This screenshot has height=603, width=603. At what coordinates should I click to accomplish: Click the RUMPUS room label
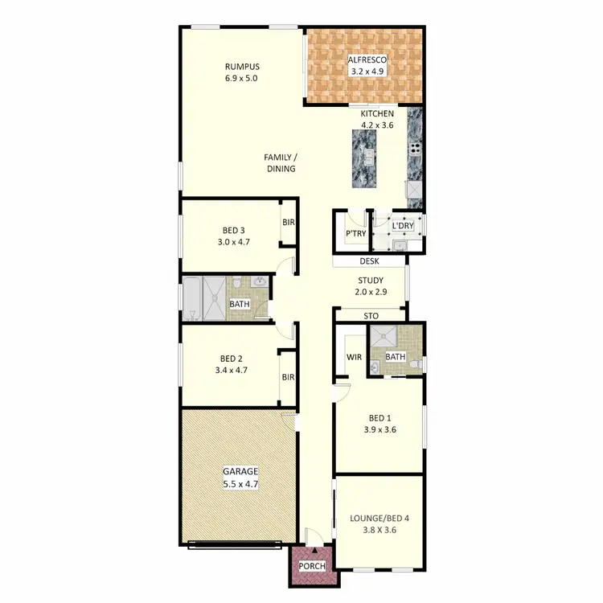point(241,67)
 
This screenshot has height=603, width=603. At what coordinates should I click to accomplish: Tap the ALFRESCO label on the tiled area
point(367,59)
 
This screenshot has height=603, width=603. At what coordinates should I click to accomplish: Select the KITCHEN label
point(377,114)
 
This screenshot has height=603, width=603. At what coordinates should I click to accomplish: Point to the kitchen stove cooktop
point(416,147)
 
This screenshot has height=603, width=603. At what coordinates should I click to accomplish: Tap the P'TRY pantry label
point(355,234)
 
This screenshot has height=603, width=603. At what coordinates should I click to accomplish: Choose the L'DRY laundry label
point(402,227)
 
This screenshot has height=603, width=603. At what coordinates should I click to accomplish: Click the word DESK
point(369,261)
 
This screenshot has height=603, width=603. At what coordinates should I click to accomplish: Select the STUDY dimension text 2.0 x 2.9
point(371,293)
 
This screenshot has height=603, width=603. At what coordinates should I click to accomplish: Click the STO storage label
point(371,316)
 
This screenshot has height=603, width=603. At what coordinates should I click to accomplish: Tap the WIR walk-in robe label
point(353,356)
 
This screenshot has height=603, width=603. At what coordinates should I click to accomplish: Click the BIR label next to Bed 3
point(288,223)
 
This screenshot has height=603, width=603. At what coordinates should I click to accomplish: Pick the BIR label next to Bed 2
point(288,376)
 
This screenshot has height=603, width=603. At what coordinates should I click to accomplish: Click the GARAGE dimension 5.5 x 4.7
point(241,484)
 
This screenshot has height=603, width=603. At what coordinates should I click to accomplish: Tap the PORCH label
point(313,566)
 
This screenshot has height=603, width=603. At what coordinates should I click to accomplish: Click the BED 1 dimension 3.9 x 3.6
point(380,429)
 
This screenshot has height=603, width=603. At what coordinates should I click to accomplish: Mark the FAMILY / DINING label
point(281,162)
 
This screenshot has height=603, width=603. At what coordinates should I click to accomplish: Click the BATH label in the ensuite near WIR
point(395,356)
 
